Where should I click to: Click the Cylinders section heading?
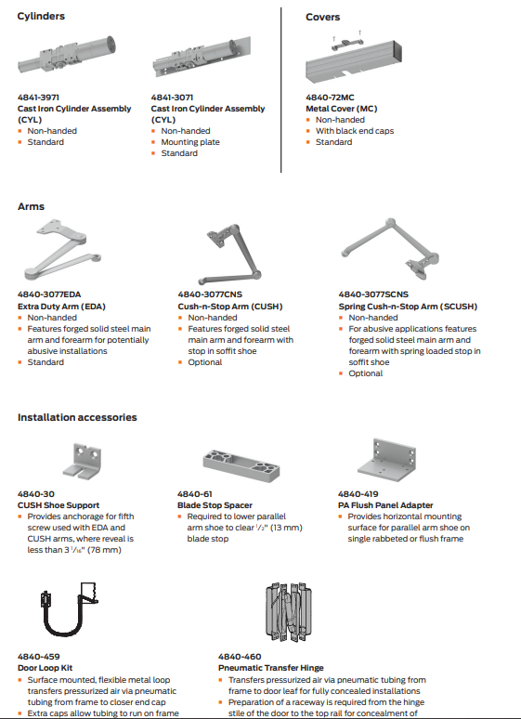click(x=41, y=16)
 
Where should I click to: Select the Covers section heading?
click(x=323, y=17)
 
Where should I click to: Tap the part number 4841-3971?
click(x=38, y=98)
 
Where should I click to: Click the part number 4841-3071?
click(x=172, y=98)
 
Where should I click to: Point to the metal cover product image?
click(x=354, y=58)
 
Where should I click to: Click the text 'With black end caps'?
click(x=355, y=131)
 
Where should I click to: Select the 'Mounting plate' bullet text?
click(x=190, y=142)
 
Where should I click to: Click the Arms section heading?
click(x=32, y=206)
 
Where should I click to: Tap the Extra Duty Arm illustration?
click(x=62, y=250)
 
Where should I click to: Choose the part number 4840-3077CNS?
click(x=210, y=294)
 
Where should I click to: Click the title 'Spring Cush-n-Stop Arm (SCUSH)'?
click(x=408, y=307)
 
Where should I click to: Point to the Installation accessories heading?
click(x=77, y=417)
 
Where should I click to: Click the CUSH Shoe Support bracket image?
click(x=82, y=461)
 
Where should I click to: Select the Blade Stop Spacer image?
click(x=241, y=465)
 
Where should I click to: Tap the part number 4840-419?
click(x=358, y=494)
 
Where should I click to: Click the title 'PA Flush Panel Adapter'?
click(x=385, y=504)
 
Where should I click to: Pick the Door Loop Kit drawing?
click(x=70, y=609)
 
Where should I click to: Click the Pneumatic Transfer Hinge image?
click(x=289, y=612)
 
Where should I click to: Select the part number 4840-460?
click(x=240, y=657)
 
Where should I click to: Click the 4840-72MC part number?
click(x=330, y=98)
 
